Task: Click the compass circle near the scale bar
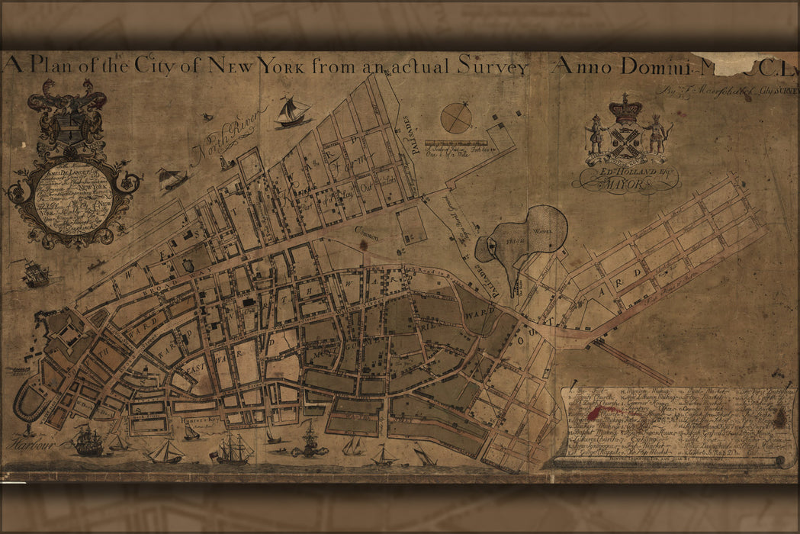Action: tap(456, 117)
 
